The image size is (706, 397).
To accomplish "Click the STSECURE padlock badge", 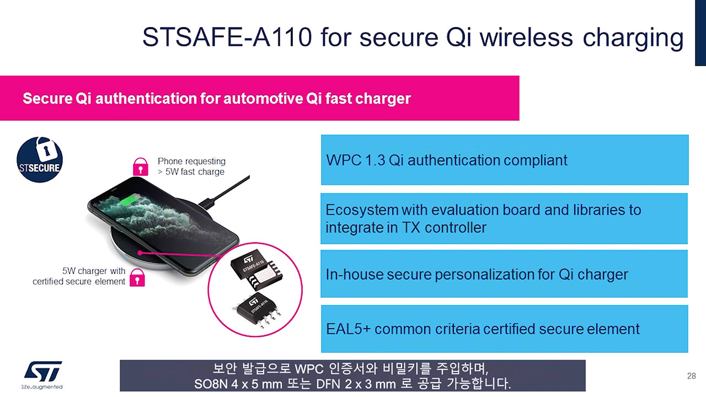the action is (40, 159).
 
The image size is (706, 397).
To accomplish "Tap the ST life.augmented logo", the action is (42, 375).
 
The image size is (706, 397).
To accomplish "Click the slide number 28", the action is (692, 376).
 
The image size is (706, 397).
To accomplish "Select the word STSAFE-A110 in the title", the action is (227, 37).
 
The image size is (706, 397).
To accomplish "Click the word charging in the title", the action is (633, 39).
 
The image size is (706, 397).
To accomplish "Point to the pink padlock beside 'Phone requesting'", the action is (140, 167).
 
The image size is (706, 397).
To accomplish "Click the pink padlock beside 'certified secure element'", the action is (137, 277).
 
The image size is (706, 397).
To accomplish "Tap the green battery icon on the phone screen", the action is (131, 200).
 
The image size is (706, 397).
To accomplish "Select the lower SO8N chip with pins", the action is (257, 310).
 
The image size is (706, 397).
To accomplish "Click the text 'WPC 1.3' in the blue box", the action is (356, 160).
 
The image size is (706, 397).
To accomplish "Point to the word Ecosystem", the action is (362, 210).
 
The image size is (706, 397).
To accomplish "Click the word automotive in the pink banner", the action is (258, 99).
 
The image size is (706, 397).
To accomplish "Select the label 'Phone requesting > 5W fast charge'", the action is (191, 167).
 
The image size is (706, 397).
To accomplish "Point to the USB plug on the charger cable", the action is (207, 202).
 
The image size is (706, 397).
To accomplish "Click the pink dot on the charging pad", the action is (140, 253).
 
